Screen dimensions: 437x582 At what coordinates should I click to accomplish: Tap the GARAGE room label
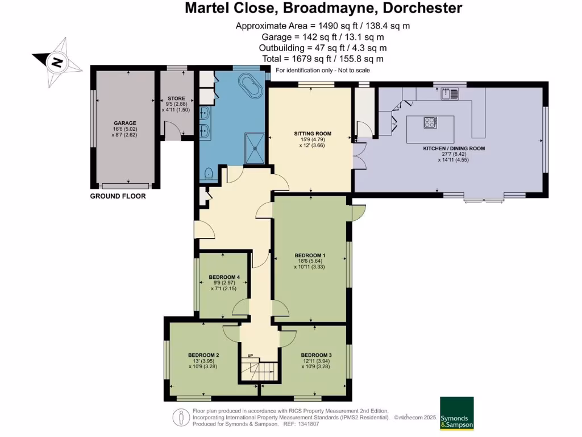[125, 123]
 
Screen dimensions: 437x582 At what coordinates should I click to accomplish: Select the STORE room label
[172, 98]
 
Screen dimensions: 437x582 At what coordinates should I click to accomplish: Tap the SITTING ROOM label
[312, 134]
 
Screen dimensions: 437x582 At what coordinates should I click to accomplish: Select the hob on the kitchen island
[430, 122]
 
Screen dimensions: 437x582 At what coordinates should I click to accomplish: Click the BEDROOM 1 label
[310, 255]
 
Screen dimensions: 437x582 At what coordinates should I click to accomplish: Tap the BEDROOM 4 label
[224, 277]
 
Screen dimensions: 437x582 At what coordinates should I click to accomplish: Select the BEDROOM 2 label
[203, 354]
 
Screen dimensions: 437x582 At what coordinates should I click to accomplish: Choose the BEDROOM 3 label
[316, 354]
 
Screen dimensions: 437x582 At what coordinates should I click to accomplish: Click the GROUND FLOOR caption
[118, 196]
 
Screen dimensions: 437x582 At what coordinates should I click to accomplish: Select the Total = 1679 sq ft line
[323, 59]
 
